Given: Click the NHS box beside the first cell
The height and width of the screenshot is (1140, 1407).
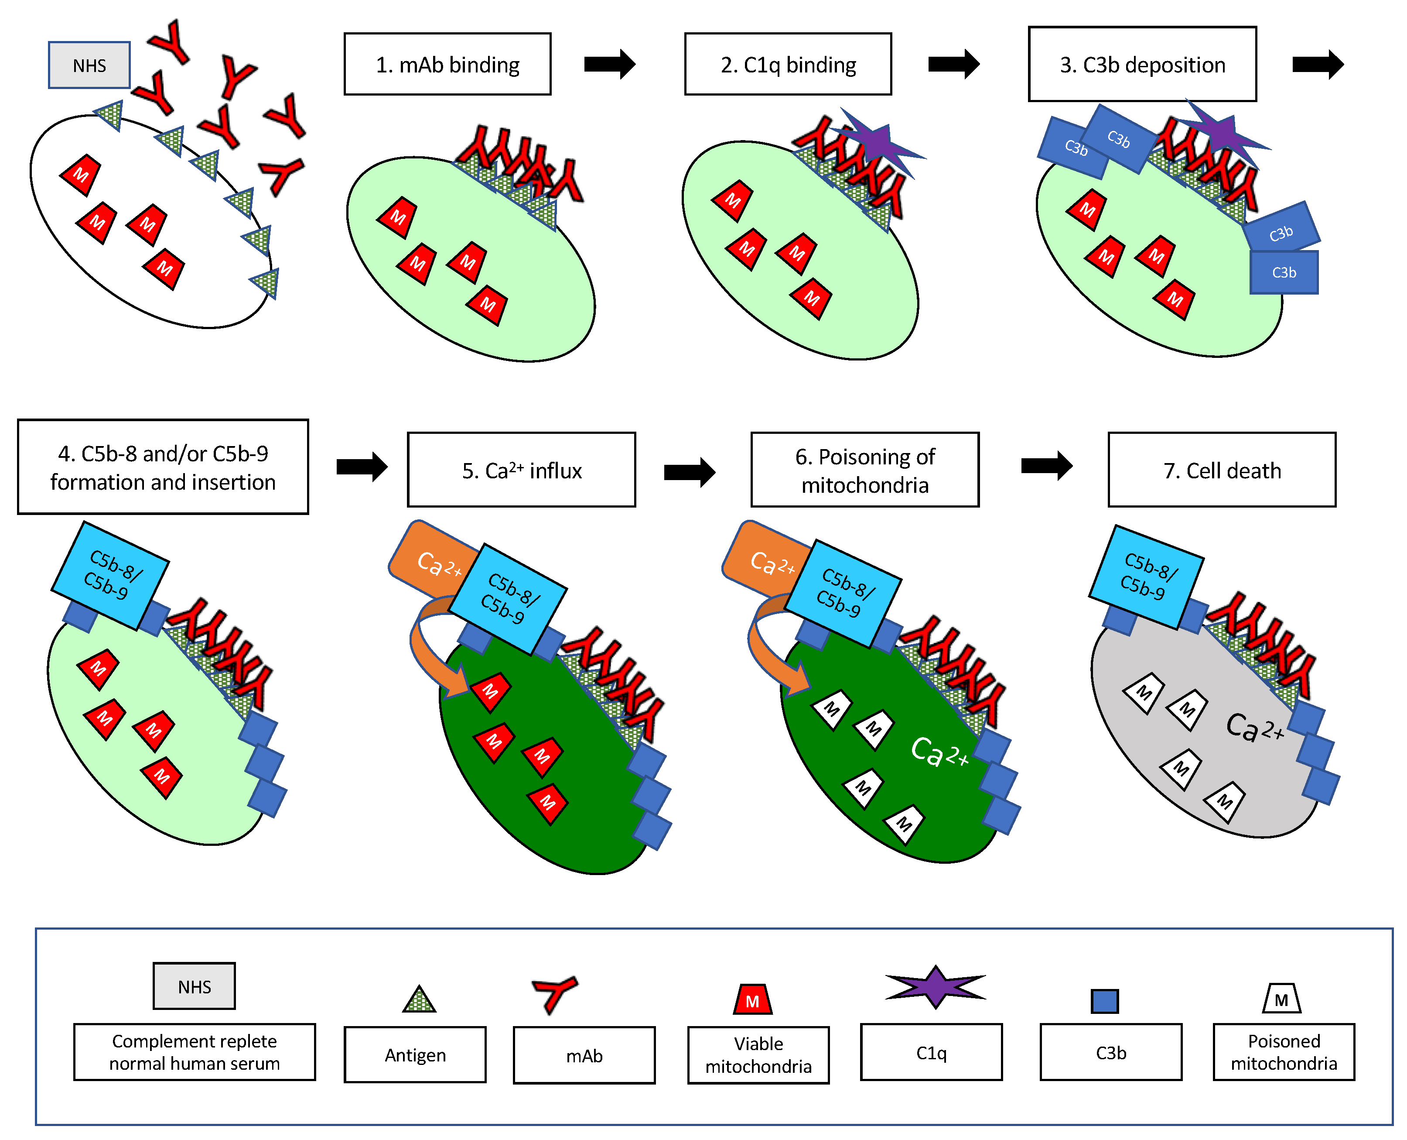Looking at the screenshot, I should coord(89,65).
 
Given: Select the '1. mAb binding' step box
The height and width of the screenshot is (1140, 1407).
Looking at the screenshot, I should coord(447,64).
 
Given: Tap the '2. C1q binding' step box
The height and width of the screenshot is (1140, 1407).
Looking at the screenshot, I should coord(788,64).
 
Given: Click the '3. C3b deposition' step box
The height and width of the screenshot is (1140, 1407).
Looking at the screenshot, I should coord(1142,64).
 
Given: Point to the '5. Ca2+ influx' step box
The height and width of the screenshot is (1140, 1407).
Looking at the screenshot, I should coord(521,470).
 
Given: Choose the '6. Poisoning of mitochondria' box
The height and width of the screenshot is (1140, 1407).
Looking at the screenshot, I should coord(864,470).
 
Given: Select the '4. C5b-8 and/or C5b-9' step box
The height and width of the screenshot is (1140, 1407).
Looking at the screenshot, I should coord(163,467).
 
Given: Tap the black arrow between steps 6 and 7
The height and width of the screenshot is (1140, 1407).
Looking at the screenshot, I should coord(1046,466).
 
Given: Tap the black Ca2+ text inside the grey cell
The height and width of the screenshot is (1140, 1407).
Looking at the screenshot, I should coord(1253,728).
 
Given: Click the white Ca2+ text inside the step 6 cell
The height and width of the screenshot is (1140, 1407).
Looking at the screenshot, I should coord(939,752).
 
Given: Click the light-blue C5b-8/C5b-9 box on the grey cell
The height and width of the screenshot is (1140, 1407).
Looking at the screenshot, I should coord(1146,576).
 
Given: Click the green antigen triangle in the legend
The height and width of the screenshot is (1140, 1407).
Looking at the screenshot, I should coord(419,999).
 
